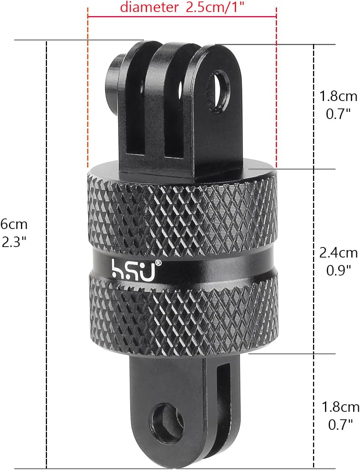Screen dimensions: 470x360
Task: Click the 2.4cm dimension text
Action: [338, 253]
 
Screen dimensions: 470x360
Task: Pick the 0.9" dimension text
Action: [338, 270]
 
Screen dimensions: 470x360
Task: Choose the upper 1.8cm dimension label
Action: [338, 96]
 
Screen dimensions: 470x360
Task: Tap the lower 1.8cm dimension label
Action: [340, 407]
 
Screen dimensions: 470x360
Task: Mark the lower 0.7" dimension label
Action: [340, 424]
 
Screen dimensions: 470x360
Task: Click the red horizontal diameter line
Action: [182, 17]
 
